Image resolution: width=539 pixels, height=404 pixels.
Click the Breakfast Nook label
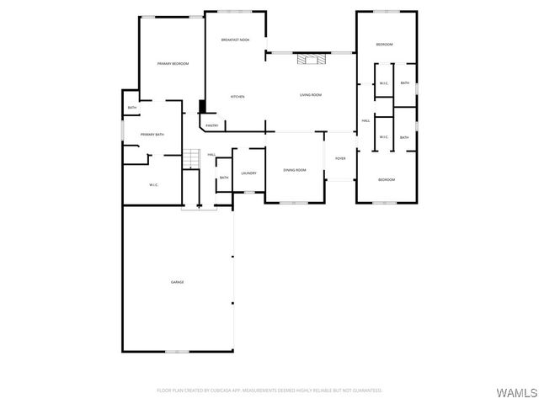click(x=235, y=40)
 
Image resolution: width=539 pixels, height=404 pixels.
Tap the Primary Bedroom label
click(x=173, y=64)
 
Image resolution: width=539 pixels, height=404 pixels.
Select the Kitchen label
click(x=237, y=97)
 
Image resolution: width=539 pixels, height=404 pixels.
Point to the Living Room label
click(x=311, y=95)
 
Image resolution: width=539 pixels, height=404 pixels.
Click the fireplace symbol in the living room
click(x=310, y=59)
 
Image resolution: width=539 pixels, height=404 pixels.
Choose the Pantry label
click(x=212, y=125)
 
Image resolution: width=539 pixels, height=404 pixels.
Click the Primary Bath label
click(x=152, y=135)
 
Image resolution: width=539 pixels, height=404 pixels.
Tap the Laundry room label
click(x=248, y=173)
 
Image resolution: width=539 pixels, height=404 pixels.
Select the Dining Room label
click(x=295, y=171)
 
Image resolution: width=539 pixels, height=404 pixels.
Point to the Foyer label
click(x=340, y=158)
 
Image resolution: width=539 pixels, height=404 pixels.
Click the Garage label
click(x=178, y=282)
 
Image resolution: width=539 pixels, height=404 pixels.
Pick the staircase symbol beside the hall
click(x=192, y=158)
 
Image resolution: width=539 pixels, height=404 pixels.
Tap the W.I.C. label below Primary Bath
click(x=154, y=184)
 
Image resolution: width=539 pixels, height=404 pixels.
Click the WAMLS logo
click(x=512, y=392)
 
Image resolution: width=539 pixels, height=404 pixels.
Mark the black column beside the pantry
click(x=201, y=107)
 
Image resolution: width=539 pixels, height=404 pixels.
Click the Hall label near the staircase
click(x=212, y=155)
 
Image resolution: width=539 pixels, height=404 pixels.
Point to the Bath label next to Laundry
click(x=224, y=178)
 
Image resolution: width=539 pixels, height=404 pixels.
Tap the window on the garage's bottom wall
click(x=177, y=351)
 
